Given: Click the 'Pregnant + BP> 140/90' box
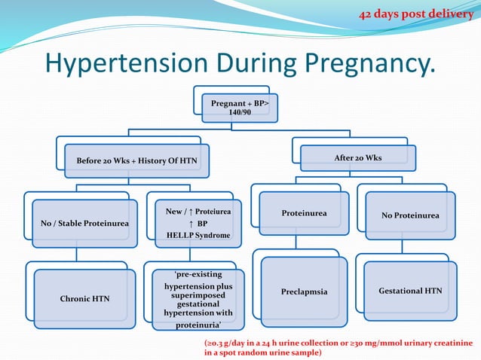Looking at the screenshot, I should pos(240,107).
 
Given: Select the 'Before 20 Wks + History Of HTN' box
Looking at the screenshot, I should pos(136,161).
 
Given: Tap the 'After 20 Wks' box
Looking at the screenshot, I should pos(357,158).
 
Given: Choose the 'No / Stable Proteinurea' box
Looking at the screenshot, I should pos(84,224).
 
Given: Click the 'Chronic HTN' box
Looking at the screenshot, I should pos(84,299).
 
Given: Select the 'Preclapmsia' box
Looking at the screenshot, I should pos(304,291).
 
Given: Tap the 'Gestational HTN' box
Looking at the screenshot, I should pos(410,290).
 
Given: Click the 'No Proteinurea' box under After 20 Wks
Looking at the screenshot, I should pos(410,216).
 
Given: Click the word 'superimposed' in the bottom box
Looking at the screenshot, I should pos(198,296).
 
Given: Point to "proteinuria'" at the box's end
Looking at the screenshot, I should pos(198,325).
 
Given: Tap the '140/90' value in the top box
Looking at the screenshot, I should pos(240,112).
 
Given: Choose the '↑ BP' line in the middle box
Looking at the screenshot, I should pos(198,224).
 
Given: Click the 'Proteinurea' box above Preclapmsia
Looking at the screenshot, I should pos(304,213).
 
